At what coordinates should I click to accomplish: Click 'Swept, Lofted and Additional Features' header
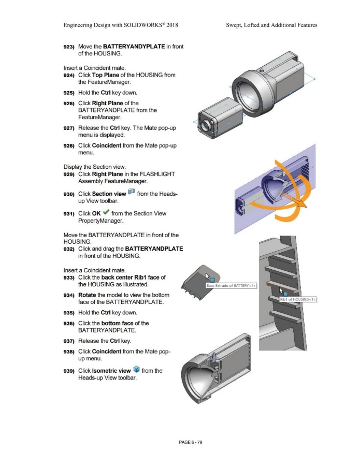[271, 25]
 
